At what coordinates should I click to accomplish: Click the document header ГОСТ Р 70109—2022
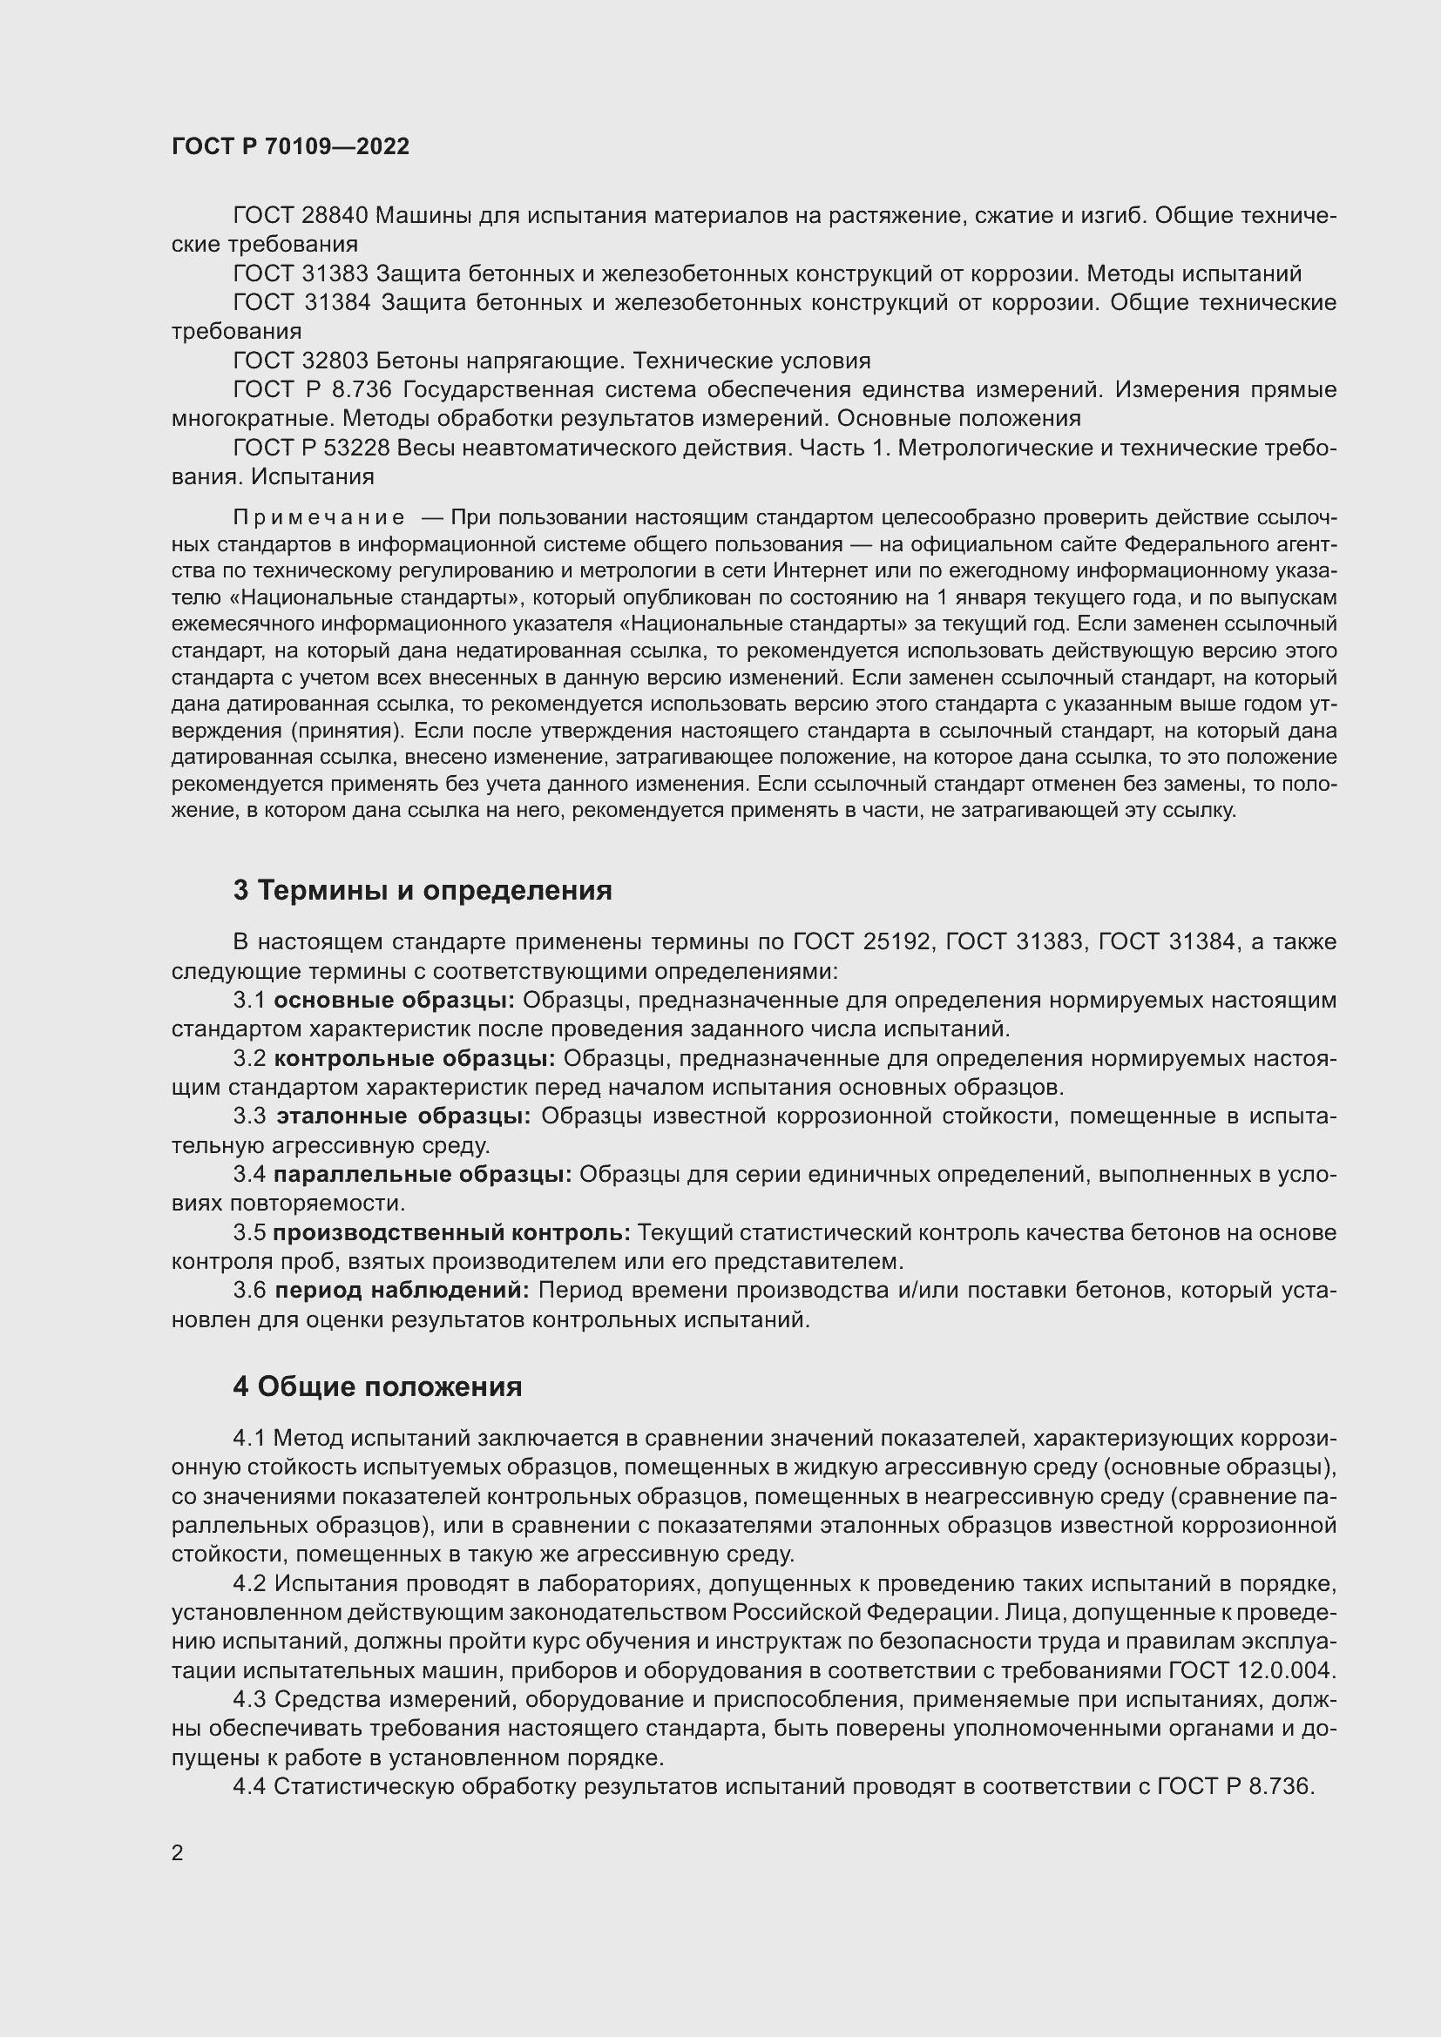290,147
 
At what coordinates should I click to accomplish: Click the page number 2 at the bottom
178,1853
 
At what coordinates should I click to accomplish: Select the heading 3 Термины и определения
423,891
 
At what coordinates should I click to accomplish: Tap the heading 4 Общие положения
377,1386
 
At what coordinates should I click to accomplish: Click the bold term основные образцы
394,1001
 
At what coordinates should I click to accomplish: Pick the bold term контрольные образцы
415,1058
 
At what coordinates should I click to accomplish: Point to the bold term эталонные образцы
403,1116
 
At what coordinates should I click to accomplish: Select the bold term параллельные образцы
423,1175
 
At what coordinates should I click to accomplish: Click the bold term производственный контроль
450,1232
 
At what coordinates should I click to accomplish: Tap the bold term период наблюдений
401,1290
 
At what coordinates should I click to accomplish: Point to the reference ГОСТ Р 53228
310,448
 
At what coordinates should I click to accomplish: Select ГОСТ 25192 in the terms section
863,942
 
